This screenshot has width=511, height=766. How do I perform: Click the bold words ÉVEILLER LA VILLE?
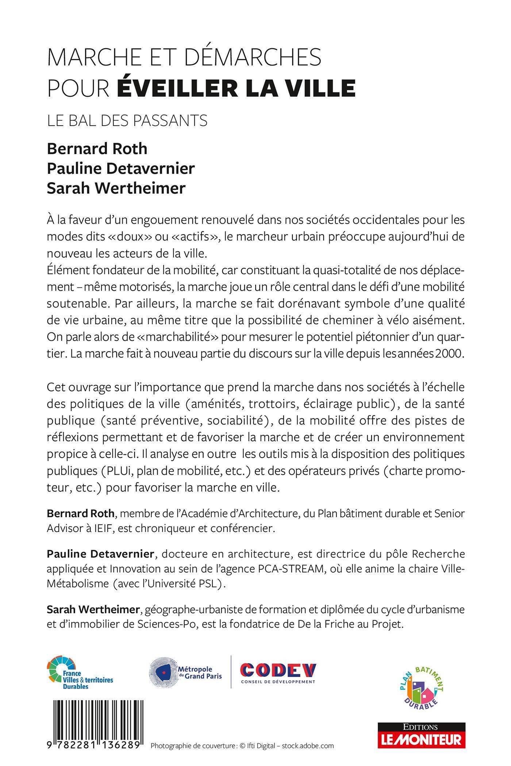pyautogui.click(x=236, y=88)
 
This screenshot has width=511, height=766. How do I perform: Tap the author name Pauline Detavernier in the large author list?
pyautogui.click(x=121, y=168)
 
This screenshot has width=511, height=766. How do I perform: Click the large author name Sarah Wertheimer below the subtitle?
pyautogui.click(x=116, y=188)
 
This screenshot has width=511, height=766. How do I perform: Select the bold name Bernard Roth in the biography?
pyautogui.click(x=80, y=513)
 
